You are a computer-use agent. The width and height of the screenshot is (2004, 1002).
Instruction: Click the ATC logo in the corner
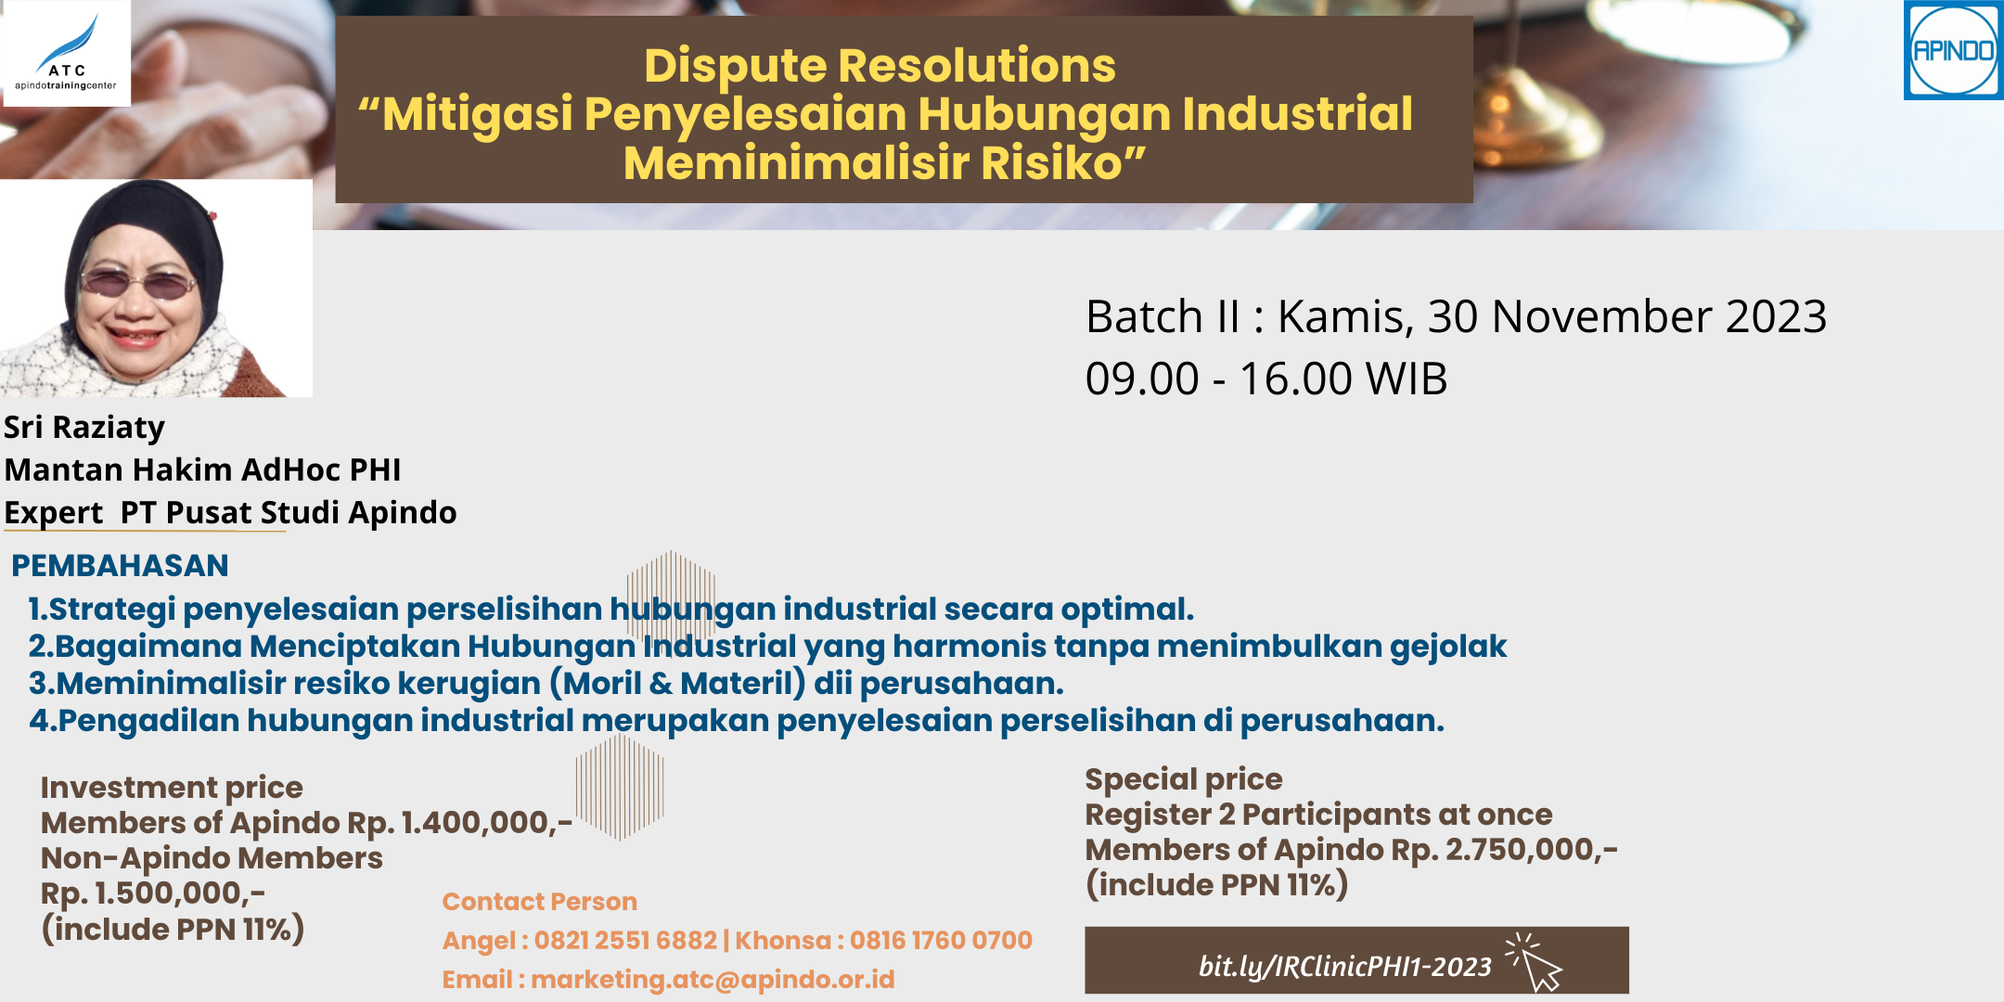point(67,53)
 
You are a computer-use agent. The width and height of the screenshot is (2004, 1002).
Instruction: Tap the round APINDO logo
point(1953,50)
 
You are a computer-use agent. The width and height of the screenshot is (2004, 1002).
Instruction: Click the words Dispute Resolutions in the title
point(880,66)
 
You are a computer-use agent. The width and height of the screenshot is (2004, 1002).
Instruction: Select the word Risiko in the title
point(1063,163)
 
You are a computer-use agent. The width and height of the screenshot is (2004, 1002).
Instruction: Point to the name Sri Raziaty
point(84,428)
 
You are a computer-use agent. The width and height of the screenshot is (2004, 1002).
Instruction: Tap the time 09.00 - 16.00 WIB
point(1266,379)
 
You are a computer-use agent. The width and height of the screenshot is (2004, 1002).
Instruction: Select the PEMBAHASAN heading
point(120,566)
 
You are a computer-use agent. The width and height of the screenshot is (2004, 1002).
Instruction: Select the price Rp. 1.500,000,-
point(153,893)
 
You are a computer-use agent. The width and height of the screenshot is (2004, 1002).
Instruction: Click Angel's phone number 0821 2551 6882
point(625,941)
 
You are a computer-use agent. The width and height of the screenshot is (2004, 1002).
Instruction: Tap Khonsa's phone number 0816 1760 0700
point(941,941)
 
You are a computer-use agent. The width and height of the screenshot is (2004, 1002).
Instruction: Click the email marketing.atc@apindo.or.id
point(713,980)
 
